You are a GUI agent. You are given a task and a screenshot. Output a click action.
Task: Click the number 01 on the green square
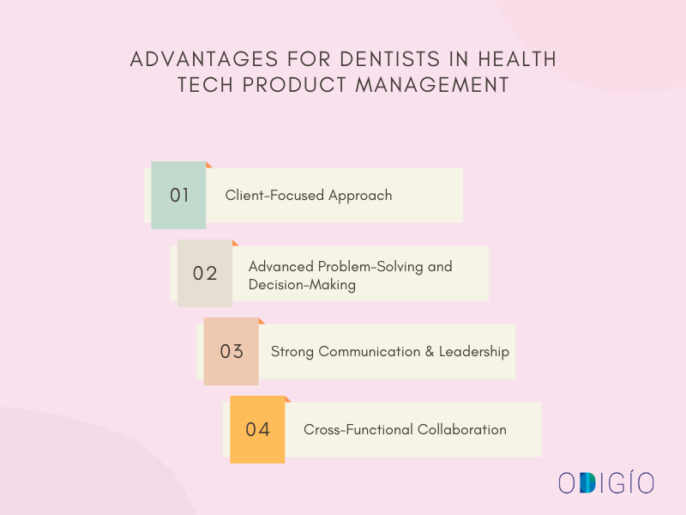[179, 195]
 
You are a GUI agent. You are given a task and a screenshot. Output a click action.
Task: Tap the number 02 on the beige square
[205, 274]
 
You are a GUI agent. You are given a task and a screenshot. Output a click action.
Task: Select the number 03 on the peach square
[232, 352]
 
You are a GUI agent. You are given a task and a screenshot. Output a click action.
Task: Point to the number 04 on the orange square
[258, 430]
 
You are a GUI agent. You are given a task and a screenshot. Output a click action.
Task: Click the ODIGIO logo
[606, 482]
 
